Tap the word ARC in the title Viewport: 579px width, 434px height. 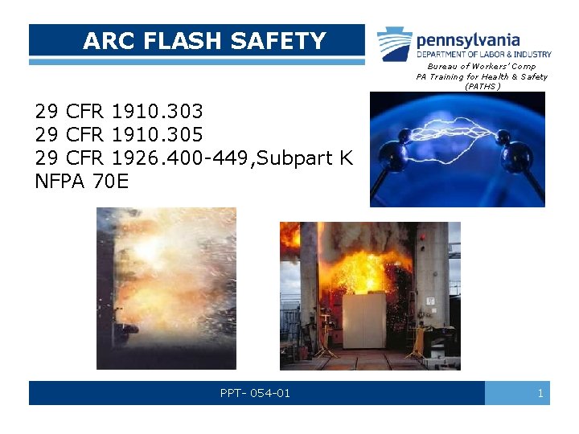pyautogui.click(x=103, y=40)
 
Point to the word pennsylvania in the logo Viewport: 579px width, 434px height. pyautogui.click(x=467, y=39)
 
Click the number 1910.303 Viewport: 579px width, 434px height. pyautogui.click(x=158, y=110)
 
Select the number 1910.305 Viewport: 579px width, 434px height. pyautogui.click(x=158, y=134)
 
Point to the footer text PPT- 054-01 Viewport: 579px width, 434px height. pyautogui.click(x=255, y=393)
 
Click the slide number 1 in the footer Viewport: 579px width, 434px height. pyautogui.click(x=540, y=393)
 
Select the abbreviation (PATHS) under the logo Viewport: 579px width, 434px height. pyautogui.click(x=482, y=86)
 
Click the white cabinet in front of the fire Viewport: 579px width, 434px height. pyautogui.click(x=364, y=319)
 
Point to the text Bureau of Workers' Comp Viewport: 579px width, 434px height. pyautogui.click(x=481, y=66)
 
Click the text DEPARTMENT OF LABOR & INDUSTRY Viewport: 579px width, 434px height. pyautogui.click(x=483, y=54)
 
